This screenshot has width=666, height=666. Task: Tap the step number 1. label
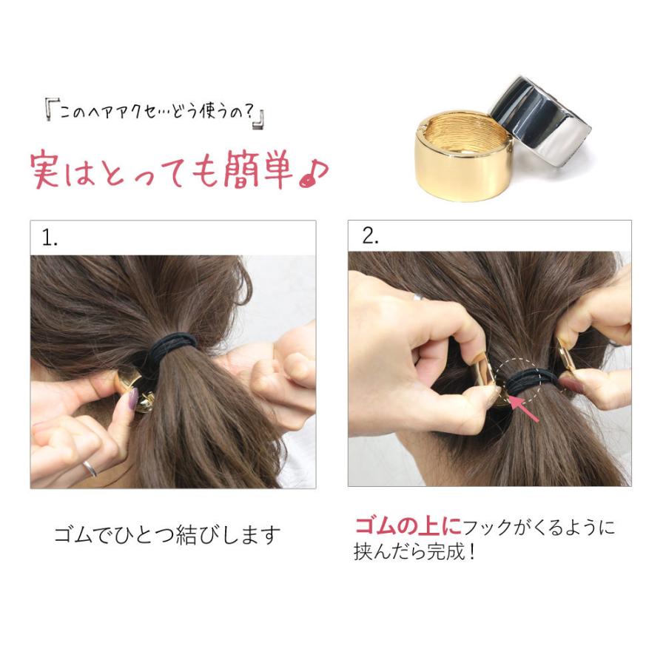point(50,238)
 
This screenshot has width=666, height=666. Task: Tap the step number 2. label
point(370,237)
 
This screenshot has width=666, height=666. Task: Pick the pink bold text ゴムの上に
point(408,528)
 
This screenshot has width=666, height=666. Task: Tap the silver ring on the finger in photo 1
point(88,468)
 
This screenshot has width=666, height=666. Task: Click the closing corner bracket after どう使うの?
point(259,121)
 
